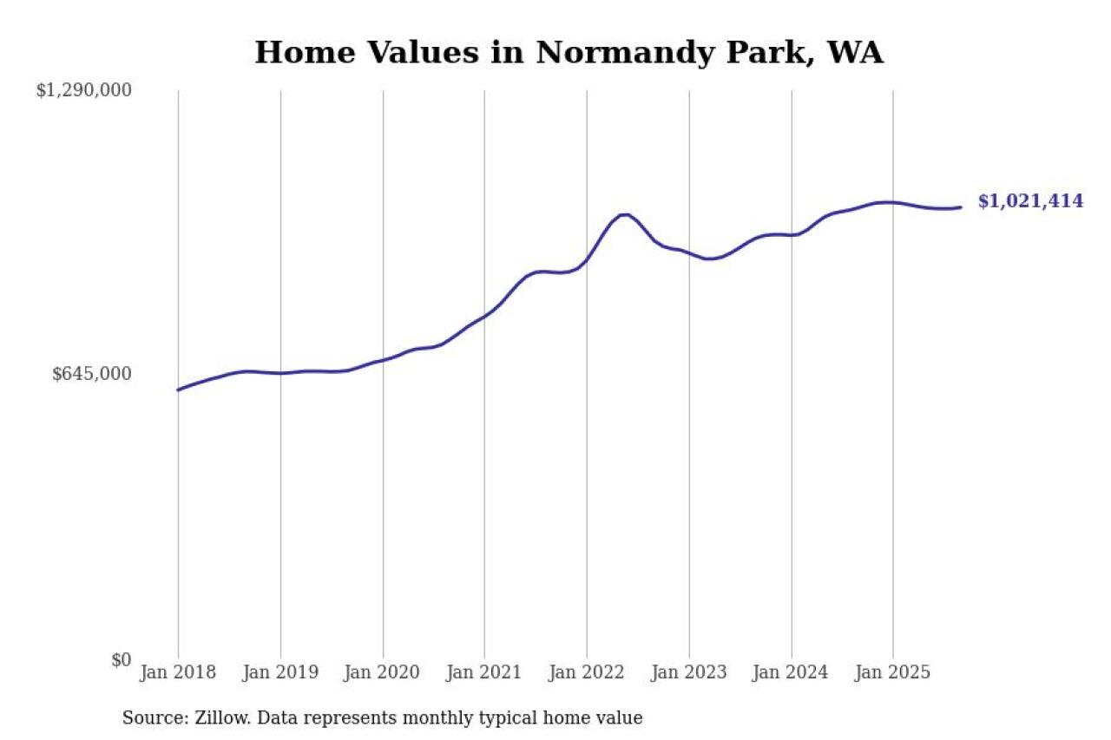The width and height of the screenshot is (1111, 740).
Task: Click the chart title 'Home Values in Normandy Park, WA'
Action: (569, 52)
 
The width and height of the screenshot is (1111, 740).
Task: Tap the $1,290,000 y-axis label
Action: (83, 90)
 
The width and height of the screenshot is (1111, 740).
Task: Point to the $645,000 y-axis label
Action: (92, 374)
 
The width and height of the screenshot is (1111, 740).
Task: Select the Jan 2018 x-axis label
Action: (178, 672)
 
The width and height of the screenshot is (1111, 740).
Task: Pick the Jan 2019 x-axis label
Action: (280, 672)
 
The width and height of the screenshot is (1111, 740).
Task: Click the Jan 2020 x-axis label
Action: (383, 672)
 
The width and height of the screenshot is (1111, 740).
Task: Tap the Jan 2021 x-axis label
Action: (484, 672)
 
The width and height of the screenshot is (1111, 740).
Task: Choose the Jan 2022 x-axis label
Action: (587, 672)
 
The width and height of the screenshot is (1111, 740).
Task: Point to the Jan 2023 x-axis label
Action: (689, 672)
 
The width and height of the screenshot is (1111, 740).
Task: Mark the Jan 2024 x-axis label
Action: (791, 672)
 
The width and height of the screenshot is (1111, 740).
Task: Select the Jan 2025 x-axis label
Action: (893, 672)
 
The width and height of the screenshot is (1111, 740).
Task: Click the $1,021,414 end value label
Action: (1030, 201)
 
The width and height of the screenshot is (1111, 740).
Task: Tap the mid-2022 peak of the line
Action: (624, 214)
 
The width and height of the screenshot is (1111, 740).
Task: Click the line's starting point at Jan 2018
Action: (178, 390)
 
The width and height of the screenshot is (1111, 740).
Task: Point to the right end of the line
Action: (960, 207)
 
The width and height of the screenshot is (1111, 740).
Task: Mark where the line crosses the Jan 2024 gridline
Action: (791, 235)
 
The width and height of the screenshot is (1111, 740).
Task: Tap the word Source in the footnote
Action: (149, 718)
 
